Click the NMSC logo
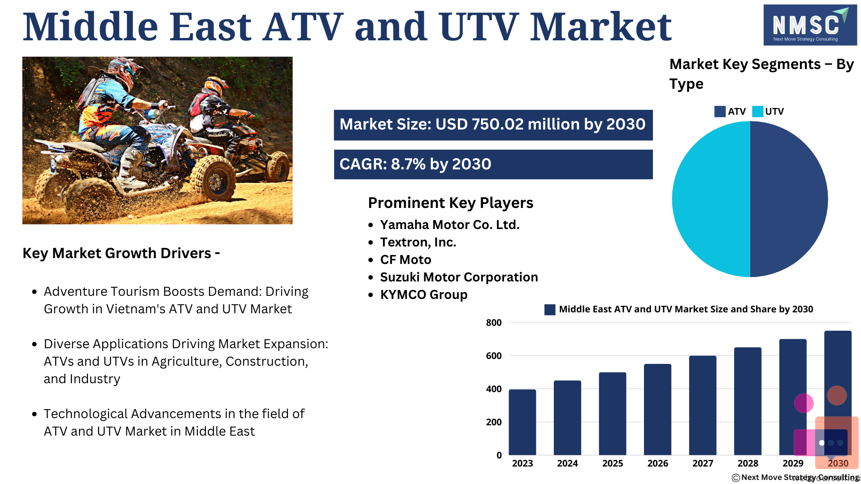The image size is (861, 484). point(810,25)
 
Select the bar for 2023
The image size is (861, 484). point(522,422)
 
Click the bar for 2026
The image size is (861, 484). point(657,410)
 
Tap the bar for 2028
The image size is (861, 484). point(748,401)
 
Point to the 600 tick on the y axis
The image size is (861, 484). point(494,356)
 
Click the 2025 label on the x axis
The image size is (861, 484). point(613,463)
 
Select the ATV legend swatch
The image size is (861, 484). point(720,112)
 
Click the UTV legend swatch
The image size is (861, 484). point(757,112)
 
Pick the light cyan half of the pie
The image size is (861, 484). point(711,199)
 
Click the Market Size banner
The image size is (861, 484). point(493,125)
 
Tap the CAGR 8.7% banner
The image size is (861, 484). point(493,164)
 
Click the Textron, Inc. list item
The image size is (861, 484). point(418,242)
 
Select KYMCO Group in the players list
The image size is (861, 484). point(424,295)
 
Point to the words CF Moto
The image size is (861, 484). point(405,260)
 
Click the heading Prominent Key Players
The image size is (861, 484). point(451,203)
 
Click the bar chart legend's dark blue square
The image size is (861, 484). point(550,310)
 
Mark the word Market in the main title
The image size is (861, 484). point(601,27)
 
